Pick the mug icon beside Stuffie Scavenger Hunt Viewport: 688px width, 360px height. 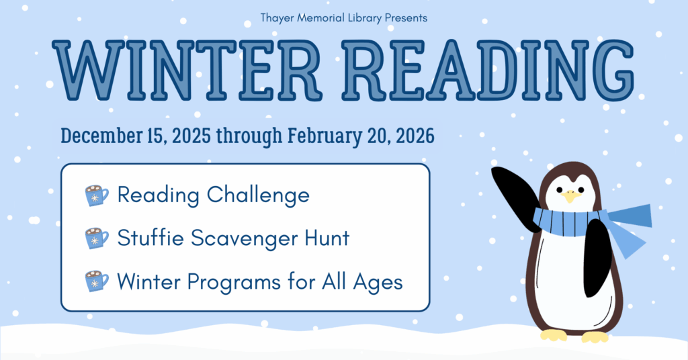(97, 238)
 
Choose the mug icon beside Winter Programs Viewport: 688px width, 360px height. (97, 281)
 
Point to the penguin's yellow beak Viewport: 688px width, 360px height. (570, 197)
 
